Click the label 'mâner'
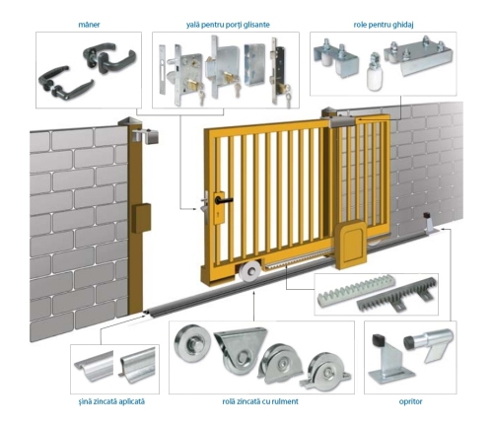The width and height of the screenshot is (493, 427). tap(89, 25)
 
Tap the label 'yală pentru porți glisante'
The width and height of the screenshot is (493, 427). tap(228, 25)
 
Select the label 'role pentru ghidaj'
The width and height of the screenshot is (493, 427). tap(384, 25)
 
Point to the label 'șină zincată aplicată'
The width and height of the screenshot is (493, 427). tap(111, 401)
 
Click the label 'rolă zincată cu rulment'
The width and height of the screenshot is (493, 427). tap(260, 401)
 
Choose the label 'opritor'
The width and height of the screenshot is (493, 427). tap(410, 401)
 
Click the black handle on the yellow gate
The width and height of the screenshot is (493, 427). tap(224, 199)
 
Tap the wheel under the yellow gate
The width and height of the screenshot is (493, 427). tap(249, 272)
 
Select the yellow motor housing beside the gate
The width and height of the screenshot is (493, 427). tap(351, 245)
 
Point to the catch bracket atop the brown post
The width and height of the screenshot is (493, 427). tap(146, 136)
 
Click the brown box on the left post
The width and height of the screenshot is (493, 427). tap(141, 218)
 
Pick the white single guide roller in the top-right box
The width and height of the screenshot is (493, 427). tap(374, 71)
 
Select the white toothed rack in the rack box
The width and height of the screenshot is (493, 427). tap(356, 291)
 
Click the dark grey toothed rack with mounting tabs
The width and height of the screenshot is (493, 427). tap(397, 296)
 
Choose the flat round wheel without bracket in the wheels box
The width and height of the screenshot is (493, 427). tap(192, 342)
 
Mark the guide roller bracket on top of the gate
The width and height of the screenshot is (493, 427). tap(342, 121)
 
